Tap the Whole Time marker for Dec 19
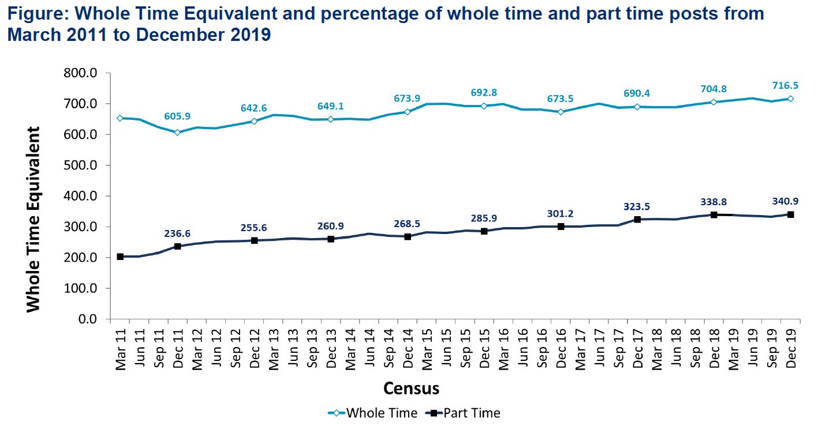(790, 99)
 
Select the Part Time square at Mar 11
(120, 257)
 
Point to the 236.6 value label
(177, 233)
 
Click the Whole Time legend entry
(373, 413)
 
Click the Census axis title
(411, 388)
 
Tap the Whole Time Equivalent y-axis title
(34, 219)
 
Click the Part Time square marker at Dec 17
(637, 219)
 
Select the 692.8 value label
(484, 92)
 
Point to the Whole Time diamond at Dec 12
(254, 121)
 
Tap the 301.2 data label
(561, 214)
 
